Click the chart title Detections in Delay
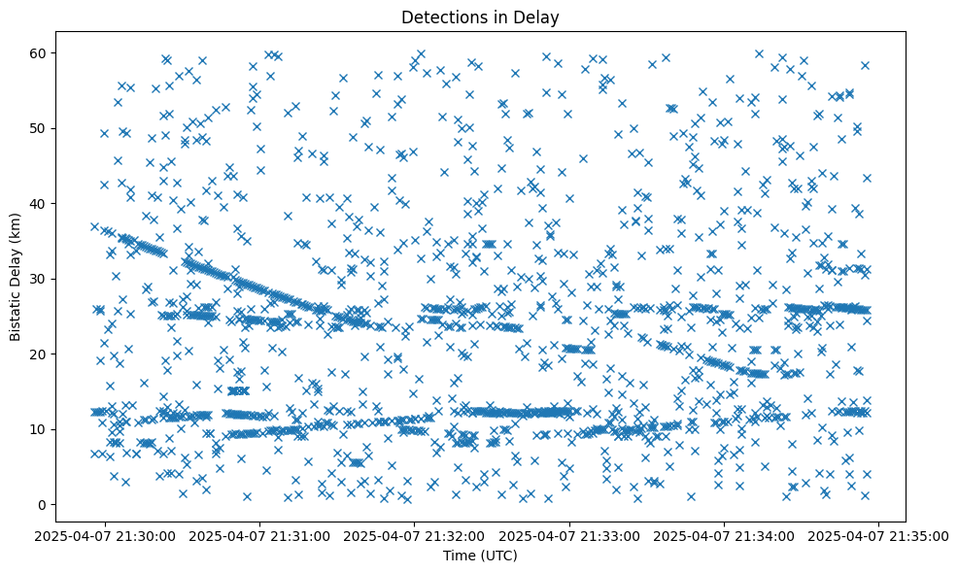tap(480, 17)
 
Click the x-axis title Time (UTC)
tap(480, 556)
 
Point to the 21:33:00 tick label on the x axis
tap(570, 535)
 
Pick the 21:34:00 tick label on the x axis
tap(725, 535)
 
